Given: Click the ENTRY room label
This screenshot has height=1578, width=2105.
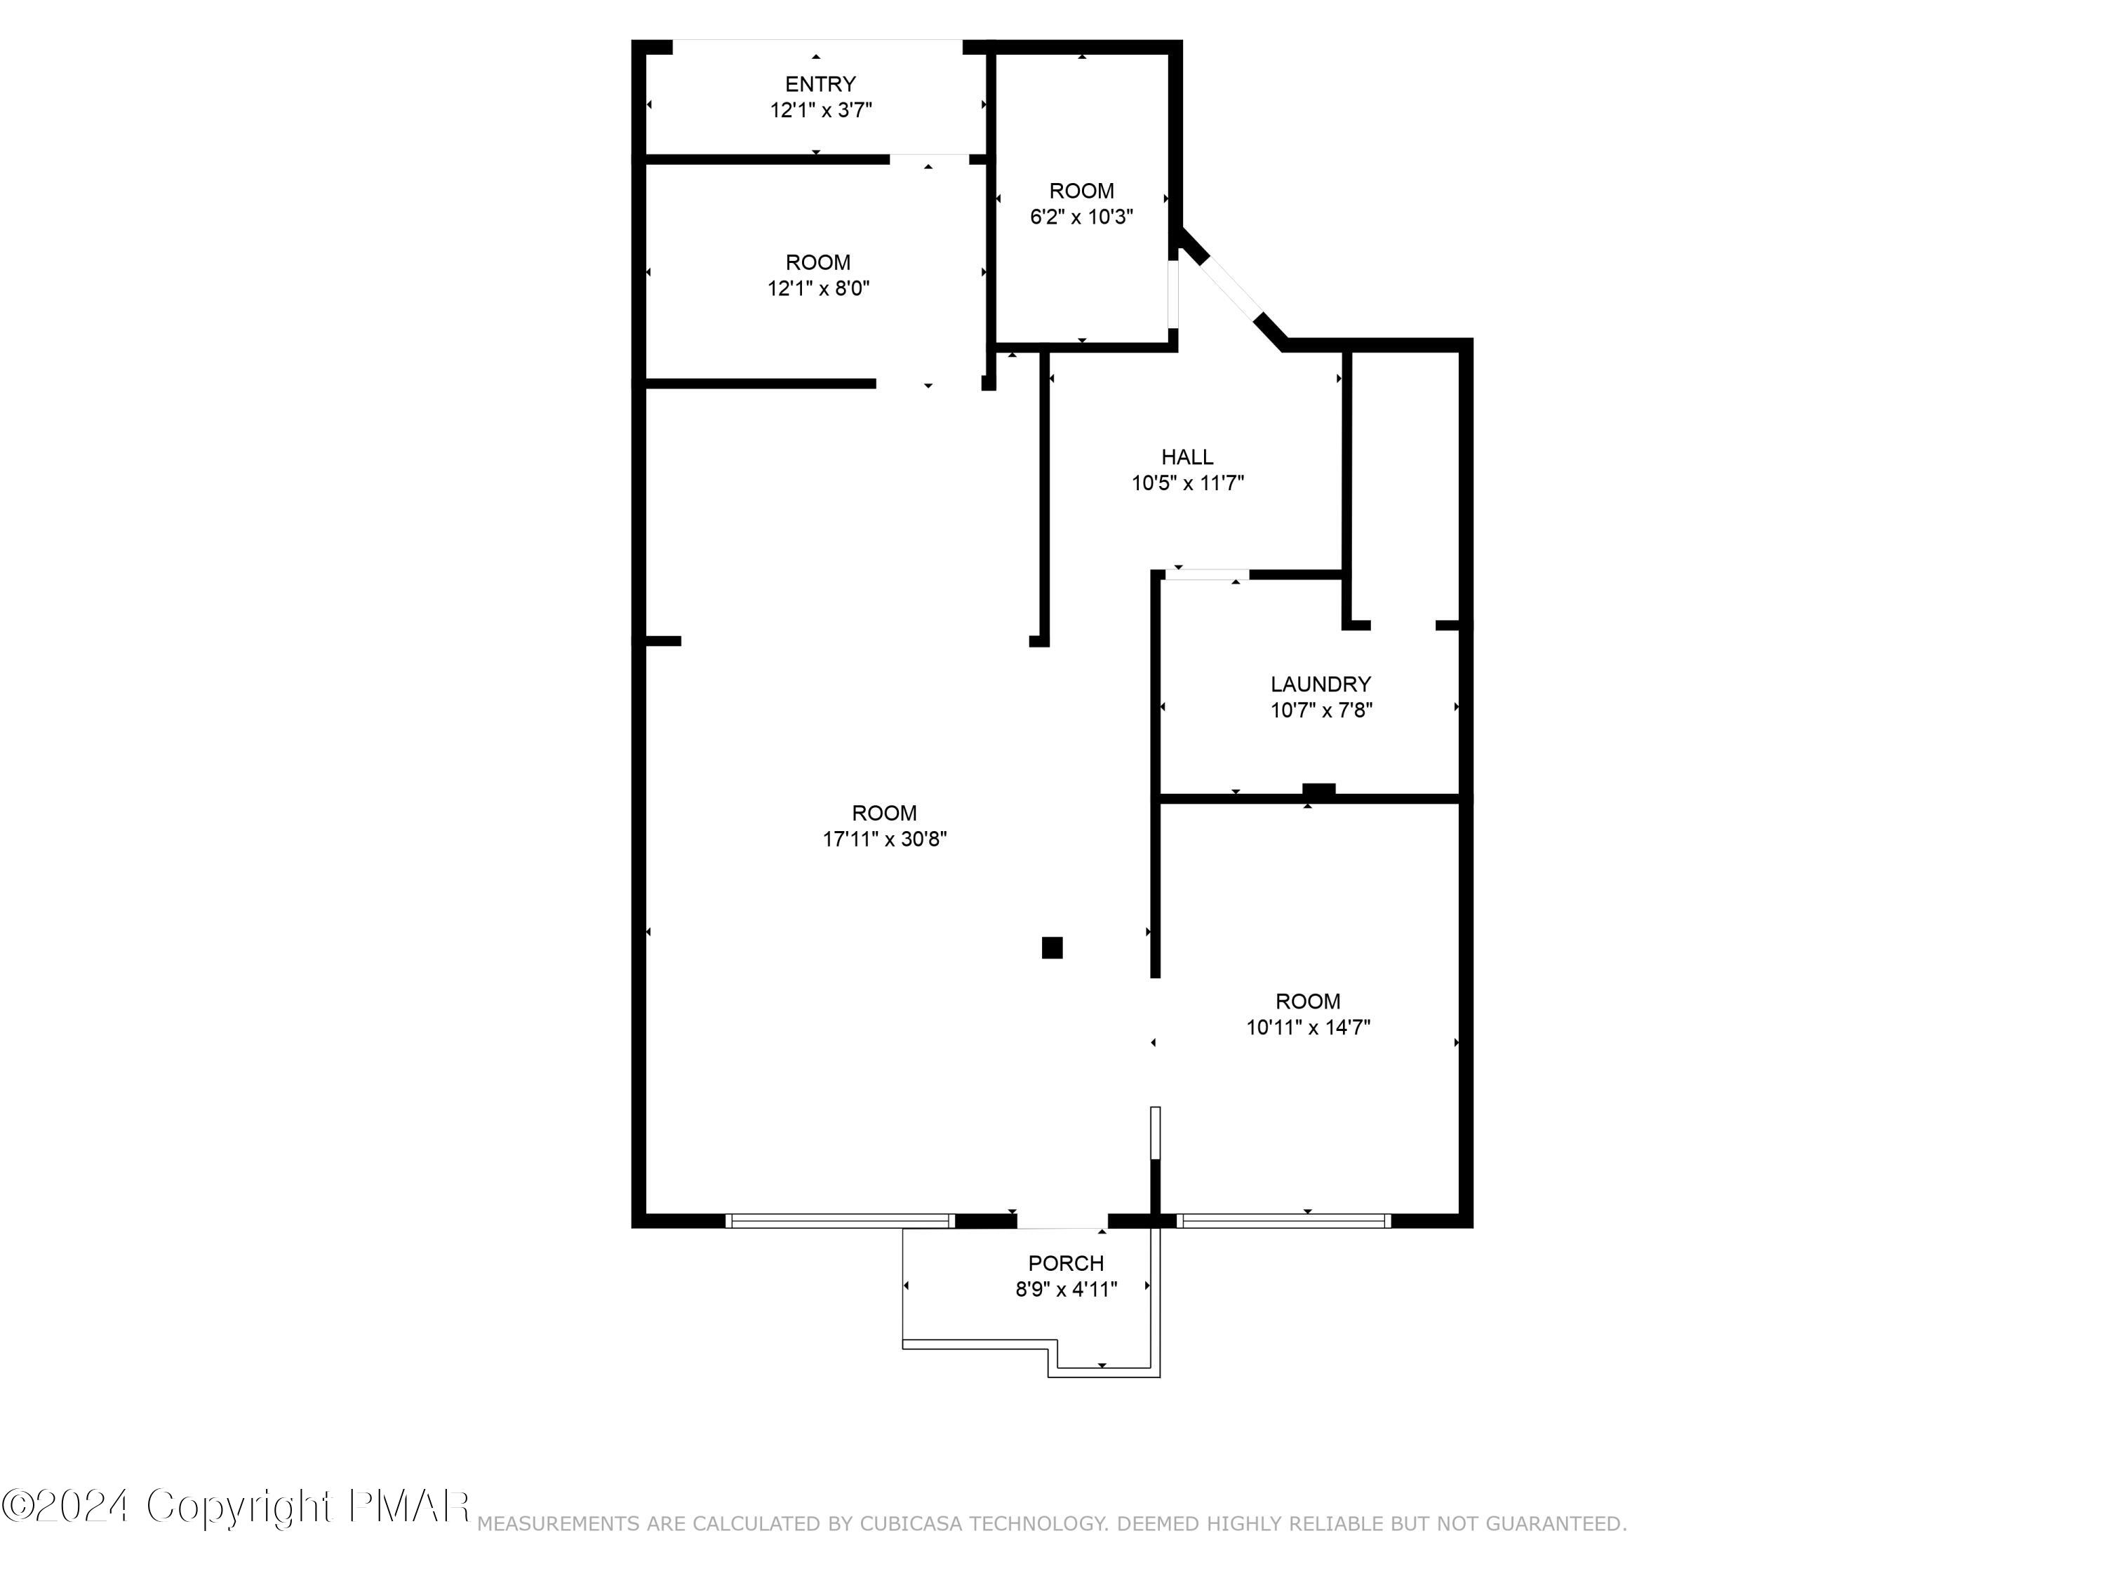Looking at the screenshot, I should (x=820, y=83).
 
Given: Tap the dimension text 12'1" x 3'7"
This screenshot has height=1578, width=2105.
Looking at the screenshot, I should (x=820, y=110).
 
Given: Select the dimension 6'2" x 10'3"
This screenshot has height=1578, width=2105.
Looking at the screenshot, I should (x=1081, y=217).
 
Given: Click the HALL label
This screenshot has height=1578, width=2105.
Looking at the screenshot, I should (x=1187, y=457).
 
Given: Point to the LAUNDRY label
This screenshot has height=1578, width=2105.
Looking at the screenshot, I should (x=1320, y=684).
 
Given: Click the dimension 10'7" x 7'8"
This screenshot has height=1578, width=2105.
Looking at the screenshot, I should (x=1321, y=710).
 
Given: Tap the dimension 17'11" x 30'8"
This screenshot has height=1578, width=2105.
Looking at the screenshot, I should (x=884, y=839).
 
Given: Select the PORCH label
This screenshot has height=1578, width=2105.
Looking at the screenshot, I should (x=1066, y=1263).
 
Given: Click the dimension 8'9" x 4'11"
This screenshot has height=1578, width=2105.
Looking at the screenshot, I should (x=1066, y=1289).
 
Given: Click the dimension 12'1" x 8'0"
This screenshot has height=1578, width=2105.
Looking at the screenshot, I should (x=818, y=288).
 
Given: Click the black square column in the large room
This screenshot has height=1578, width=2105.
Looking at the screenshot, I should (x=1052, y=948).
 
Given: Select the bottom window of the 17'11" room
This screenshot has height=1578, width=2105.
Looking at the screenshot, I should (x=839, y=1220).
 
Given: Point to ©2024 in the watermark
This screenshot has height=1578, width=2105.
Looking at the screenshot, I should (x=65, y=1506).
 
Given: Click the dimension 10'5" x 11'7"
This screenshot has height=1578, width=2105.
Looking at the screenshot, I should (x=1187, y=483).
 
